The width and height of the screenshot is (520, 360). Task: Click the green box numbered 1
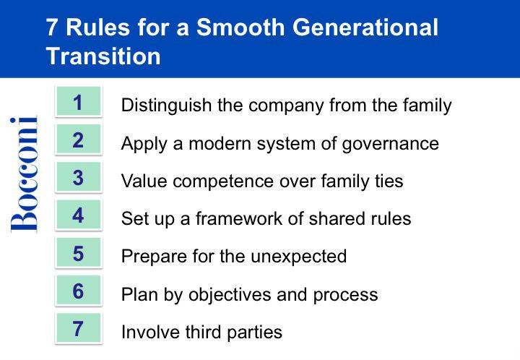click(x=78, y=101)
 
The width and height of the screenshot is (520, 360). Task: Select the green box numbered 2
click(x=78, y=140)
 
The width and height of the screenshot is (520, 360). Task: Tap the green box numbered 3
click(x=78, y=177)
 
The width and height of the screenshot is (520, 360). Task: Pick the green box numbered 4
click(x=78, y=215)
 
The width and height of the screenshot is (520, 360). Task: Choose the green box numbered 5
click(x=78, y=253)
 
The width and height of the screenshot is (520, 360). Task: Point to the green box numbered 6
click(x=78, y=291)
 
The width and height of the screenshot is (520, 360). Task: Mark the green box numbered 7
click(x=78, y=328)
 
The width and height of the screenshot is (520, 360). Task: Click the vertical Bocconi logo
click(x=24, y=174)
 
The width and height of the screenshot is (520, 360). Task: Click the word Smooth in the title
click(x=240, y=27)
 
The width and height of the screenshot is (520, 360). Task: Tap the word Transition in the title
click(x=103, y=56)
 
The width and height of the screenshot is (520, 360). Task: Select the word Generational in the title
click(x=365, y=27)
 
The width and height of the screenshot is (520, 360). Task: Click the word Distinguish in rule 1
click(x=167, y=106)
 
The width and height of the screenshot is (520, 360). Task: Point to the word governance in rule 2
click(x=390, y=145)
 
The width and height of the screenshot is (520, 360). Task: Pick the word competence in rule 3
click(x=223, y=182)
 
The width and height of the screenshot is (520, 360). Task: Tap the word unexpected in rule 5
click(x=298, y=257)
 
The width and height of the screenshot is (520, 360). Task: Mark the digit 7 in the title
click(x=52, y=27)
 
